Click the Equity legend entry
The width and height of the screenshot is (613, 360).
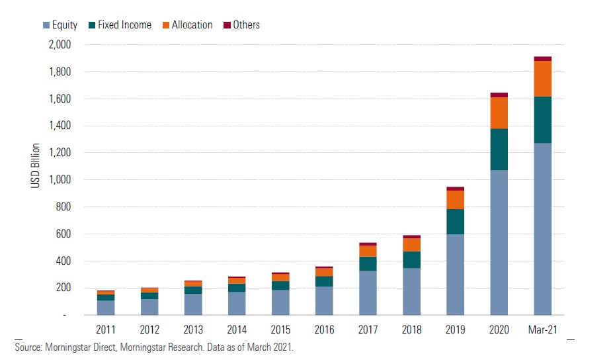pyautogui.click(x=60, y=25)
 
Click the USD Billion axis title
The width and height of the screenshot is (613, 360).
pyautogui.click(x=35, y=165)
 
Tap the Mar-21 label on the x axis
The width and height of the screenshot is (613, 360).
pyautogui.click(x=542, y=329)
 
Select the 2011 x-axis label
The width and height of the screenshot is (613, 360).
pyautogui.click(x=106, y=329)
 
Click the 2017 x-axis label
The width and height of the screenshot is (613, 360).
pyautogui.click(x=368, y=329)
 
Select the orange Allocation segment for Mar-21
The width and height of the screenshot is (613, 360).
pyautogui.click(x=542, y=79)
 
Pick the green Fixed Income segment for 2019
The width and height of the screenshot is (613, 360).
pyautogui.click(x=455, y=222)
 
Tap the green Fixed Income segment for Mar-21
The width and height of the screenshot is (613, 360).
pyautogui.click(x=542, y=120)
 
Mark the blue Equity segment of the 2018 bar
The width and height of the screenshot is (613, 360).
pyautogui.click(x=411, y=291)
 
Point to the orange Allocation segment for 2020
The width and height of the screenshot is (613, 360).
pyautogui.click(x=499, y=113)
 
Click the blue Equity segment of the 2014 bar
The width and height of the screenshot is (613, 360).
pyautogui.click(x=237, y=303)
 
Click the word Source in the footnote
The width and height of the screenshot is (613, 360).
pyautogui.click(x=28, y=347)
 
